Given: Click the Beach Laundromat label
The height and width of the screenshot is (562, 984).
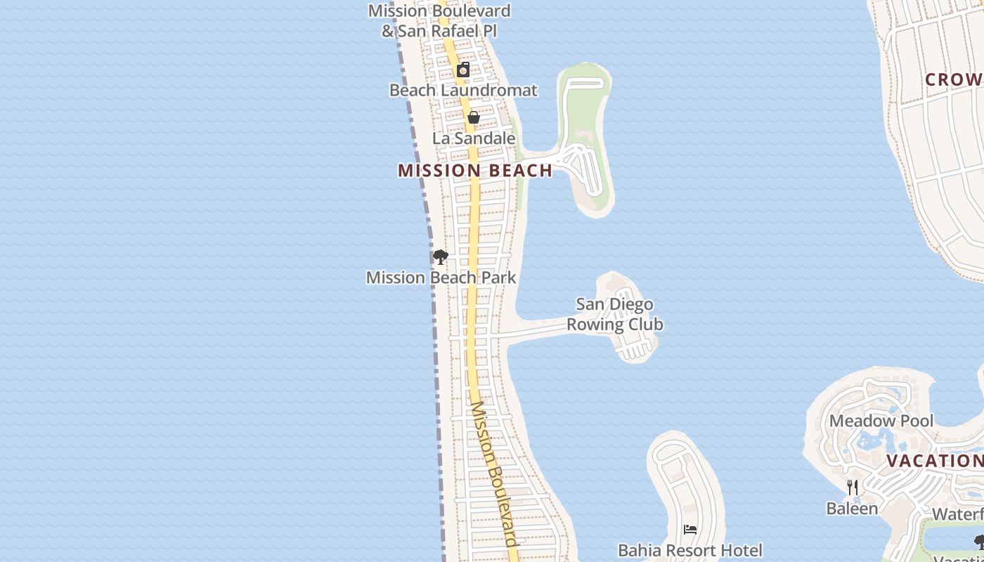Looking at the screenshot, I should [463, 90].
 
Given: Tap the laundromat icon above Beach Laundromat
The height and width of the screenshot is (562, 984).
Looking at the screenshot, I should [463, 70].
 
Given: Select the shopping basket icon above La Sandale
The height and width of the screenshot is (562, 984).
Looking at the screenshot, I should [474, 117].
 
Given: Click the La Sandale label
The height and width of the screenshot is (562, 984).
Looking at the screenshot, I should [474, 138].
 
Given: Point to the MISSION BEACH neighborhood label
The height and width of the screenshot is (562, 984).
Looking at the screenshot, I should [475, 171].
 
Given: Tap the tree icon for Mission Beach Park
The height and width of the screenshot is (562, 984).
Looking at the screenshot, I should [441, 257].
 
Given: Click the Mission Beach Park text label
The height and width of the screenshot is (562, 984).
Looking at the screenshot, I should [441, 277].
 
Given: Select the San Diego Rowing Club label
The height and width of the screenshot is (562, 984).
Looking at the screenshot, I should [615, 314].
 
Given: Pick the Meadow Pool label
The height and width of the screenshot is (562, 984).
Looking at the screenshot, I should [881, 421].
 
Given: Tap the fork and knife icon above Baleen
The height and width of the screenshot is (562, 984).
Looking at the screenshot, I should [852, 487].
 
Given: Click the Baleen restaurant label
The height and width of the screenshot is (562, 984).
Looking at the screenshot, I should [852, 508].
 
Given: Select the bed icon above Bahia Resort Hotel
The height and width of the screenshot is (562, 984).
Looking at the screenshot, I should [690, 530].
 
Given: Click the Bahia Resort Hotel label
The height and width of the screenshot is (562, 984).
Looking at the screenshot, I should [690, 550].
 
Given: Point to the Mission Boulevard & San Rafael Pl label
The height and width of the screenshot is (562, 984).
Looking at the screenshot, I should [439, 21].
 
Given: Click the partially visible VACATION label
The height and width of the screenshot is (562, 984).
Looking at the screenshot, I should [934, 462].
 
